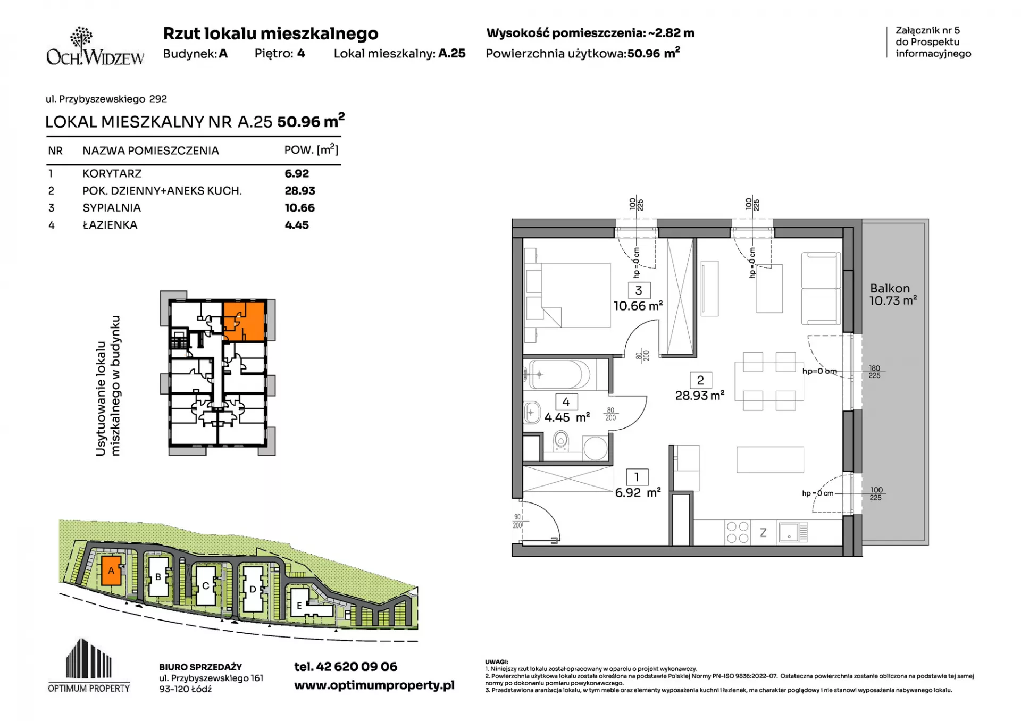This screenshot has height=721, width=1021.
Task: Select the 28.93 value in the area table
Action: point(300,190)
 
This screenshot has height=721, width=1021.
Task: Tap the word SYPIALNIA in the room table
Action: point(112,208)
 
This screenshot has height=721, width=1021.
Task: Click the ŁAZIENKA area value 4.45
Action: point(297,225)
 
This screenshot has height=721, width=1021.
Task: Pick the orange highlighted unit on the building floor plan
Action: point(244,321)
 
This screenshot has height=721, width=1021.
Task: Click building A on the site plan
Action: point(111,571)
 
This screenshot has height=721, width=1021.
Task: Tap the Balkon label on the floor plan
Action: point(890,288)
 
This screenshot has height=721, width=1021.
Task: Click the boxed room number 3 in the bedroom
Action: point(639,290)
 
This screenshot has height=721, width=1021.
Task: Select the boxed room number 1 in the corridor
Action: point(637,477)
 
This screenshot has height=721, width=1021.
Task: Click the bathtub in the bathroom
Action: point(559,375)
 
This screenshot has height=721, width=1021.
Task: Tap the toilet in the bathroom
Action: point(560,441)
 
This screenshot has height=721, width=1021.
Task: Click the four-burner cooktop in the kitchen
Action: point(738,532)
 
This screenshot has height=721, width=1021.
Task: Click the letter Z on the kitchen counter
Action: point(763,533)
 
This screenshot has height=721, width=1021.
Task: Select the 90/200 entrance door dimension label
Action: point(517,521)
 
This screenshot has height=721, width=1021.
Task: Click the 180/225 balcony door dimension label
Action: point(874,372)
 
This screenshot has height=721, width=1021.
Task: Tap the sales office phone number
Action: point(346,667)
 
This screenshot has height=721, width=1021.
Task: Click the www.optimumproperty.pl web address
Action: point(374,685)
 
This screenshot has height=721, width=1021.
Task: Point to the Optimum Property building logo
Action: point(89,665)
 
